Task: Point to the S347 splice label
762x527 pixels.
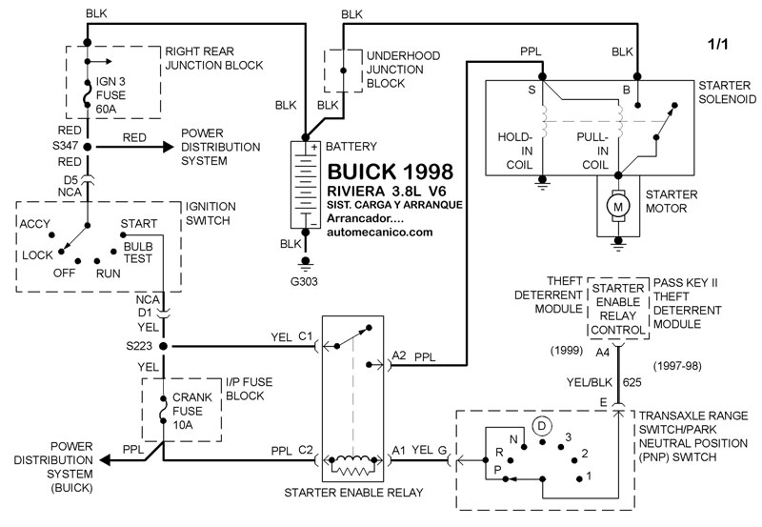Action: pyautogui.click(x=64, y=147)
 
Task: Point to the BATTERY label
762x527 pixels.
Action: pyautogui.click(x=351, y=147)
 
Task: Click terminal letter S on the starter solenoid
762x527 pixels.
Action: pyautogui.click(x=531, y=90)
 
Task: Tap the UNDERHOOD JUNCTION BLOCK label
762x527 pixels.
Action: pyautogui.click(x=403, y=70)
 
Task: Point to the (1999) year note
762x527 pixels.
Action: pyautogui.click(x=566, y=350)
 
